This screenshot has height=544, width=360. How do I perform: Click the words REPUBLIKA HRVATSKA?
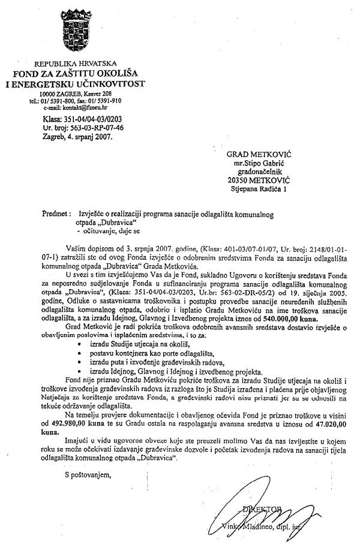click(x=75, y=63)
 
